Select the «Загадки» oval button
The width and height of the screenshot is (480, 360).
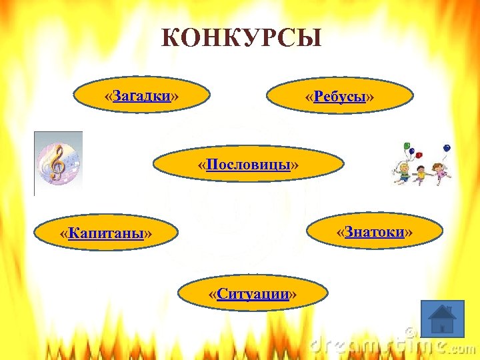(x=142, y=97)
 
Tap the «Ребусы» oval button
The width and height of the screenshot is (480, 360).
(x=340, y=98)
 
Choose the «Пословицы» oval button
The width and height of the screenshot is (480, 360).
(x=248, y=164)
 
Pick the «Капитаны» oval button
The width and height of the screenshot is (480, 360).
(x=106, y=233)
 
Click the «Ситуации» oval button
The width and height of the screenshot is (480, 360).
(x=253, y=294)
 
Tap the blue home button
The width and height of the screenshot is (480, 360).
(x=442, y=317)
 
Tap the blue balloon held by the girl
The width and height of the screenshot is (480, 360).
(x=447, y=147)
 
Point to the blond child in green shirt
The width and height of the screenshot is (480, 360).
(x=403, y=173)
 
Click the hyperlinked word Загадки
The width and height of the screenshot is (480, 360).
(x=141, y=97)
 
